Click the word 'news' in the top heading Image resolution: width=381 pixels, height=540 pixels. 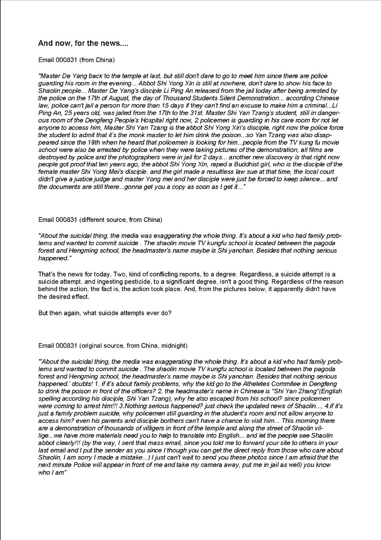(111, 43)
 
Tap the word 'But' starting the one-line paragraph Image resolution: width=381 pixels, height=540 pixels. (44, 314)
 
